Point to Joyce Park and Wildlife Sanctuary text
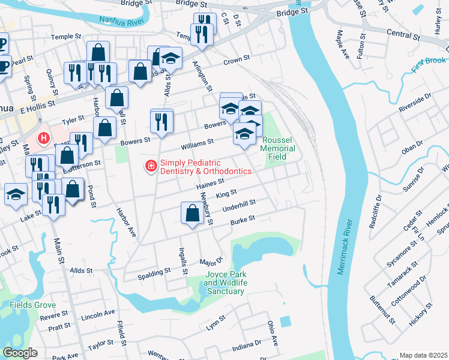click(x=226, y=283)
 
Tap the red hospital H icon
click(x=44, y=139)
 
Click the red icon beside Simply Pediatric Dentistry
click(x=151, y=166)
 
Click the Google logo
click(x=20, y=353)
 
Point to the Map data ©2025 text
click(x=423, y=355)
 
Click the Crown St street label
click(x=236, y=61)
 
